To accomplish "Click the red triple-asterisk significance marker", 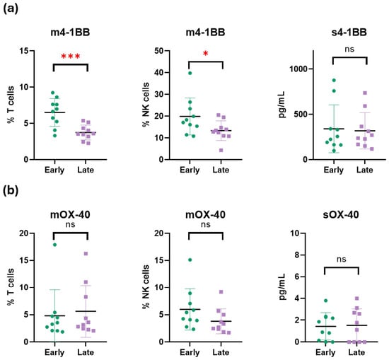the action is pyautogui.click(x=71, y=57).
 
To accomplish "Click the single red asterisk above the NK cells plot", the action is pyautogui.click(x=206, y=53).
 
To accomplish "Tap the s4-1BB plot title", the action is pyautogui.click(x=349, y=33).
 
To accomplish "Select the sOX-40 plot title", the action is pyautogui.click(x=341, y=214).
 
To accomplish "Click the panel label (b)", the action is pyautogui.click(x=11, y=191).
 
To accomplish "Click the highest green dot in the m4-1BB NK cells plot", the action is pyautogui.click(x=190, y=73).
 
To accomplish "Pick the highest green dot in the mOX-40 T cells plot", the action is pyautogui.click(x=55, y=245).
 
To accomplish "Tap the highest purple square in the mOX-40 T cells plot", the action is pyautogui.click(x=86, y=254).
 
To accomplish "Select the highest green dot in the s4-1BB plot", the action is pyautogui.click(x=334, y=80).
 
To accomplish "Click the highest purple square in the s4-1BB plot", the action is pyautogui.click(x=365, y=93).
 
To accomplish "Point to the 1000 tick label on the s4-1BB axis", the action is pyautogui.click(x=298, y=69).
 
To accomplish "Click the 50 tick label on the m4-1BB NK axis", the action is pyautogui.click(x=158, y=51).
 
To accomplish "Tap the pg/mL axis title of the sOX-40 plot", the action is pyautogui.click(x=281, y=287).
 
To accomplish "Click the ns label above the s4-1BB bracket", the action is pyautogui.click(x=349, y=49).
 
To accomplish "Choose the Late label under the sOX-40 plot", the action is pyautogui.click(x=356, y=352).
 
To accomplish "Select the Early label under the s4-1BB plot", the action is pyautogui.click(x=334, y=170).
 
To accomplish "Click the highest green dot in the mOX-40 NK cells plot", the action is pyautogui.click(x=190, y=260).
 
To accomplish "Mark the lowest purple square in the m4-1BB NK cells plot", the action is pyautogui.click(x=221, y=150).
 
